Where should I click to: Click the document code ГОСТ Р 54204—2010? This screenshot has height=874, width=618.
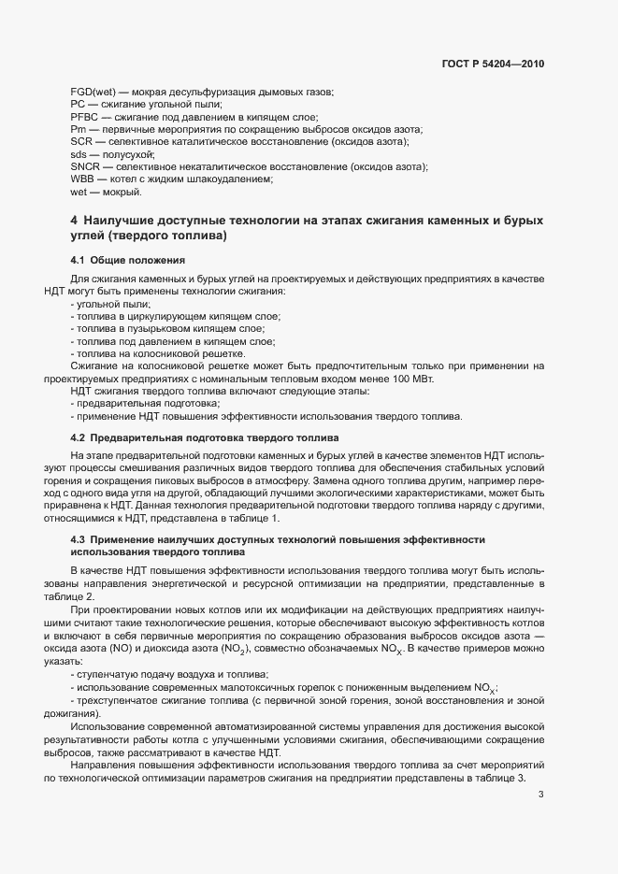coord(492,64)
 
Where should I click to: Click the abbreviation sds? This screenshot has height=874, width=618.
coord(79,154)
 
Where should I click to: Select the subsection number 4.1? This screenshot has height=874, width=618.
coord(79,259)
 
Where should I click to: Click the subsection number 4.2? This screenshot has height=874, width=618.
coord(79,438)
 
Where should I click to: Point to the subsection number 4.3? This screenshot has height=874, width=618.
coord(79,539)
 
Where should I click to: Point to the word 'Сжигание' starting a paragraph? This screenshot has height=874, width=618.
coord(94,366)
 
